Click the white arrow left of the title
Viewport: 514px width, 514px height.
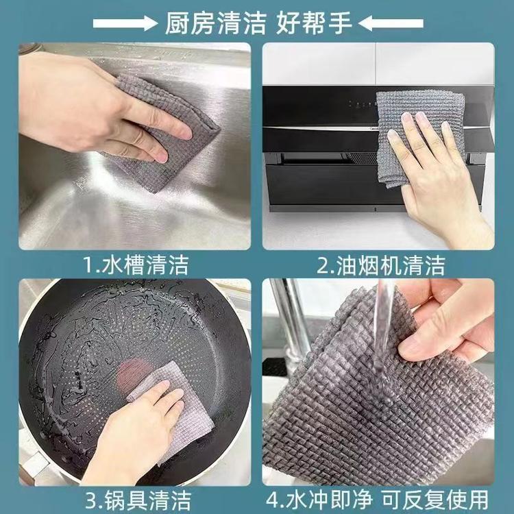pyautogui.click(x=125, y=23)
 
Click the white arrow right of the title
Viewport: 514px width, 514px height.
pyautogui.click(x=391, y=23)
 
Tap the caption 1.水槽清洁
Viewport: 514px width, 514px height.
pyautogui.click(x=136, y=265)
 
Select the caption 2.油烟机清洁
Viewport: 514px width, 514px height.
pyautogui.click(x=380, y=265)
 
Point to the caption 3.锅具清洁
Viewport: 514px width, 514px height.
pyautogui.click(x=138, y=500)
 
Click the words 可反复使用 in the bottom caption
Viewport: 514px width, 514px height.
pyautogui.click(x=435, y=500)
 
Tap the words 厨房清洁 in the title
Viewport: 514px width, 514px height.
pyautogui.click(x=215, y=23)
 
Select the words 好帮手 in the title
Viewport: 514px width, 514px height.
pyautogui.click(x=314, y=23)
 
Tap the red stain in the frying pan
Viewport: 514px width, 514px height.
pyautogui.click(x=133, y=374)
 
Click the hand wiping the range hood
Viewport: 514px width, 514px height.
pyautogui.click(x=439, y=174)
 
